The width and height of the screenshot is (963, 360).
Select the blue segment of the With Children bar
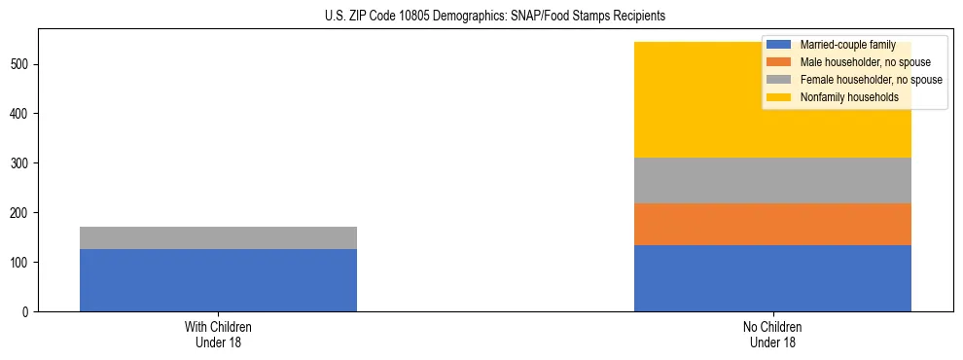click(x=218, y=280)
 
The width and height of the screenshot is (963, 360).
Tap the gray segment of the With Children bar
click(x=218, y=237)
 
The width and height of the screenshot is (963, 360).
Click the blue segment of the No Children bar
click(x=772, y=278)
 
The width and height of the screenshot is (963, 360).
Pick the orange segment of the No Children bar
click(x=772, y=224)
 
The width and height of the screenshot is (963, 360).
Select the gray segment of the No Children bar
click(x=772, y=180)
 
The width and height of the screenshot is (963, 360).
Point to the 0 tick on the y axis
click(x=29, y=312)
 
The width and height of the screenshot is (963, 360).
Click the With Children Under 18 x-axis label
click(x=218, y=334)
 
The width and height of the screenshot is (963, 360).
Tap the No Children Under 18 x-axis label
click(x=772, y=334)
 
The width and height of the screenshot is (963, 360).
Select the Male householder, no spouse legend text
click(x=865, y=62)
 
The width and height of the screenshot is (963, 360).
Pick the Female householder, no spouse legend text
click(x=871, y=80)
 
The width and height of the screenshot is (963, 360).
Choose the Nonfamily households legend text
click(x=849, y=97)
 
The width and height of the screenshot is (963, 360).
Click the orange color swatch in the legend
click(x=779, y=62)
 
